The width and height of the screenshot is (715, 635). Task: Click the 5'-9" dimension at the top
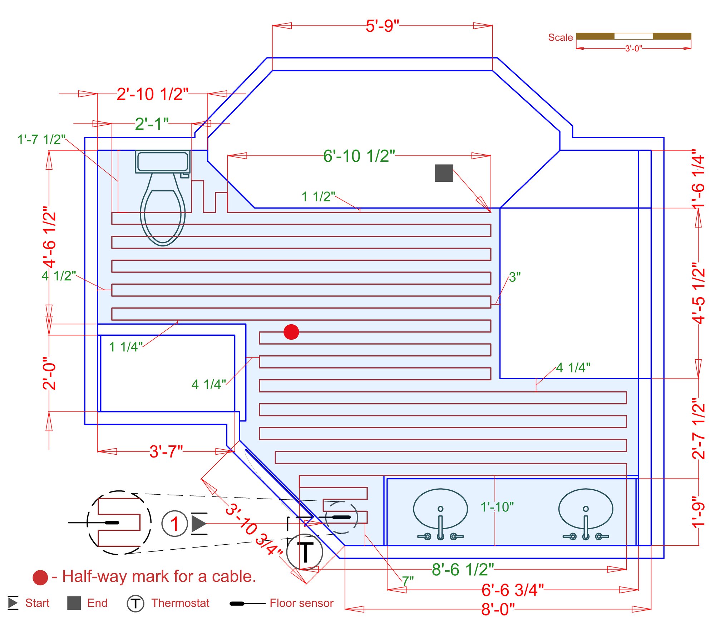pos(382,26)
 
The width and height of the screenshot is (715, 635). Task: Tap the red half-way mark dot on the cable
pos(291,332)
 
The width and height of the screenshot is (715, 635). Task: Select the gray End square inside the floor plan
pos(443,173)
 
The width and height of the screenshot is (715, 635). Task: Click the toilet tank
pos(163,161)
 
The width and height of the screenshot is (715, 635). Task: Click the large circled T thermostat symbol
pos(305,552)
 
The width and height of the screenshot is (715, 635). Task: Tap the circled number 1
pos(174,524)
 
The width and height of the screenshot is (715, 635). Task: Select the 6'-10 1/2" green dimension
pos(359,156)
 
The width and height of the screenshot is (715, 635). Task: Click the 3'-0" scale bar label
pos(633,48)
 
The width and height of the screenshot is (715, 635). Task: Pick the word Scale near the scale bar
pos(560,37)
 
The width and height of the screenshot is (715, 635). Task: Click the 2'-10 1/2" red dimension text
pos(153,94)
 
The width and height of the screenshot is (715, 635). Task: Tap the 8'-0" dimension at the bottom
pos(498,610)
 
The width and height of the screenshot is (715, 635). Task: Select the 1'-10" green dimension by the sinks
pos(497,507)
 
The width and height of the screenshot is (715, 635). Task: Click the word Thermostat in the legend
pos(180,603)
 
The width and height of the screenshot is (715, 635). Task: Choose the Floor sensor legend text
pos(301,603)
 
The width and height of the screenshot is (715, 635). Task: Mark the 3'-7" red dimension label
pos(166,452)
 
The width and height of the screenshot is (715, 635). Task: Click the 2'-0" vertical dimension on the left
pos(49,373)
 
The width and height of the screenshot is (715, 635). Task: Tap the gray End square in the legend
pos(74,603)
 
